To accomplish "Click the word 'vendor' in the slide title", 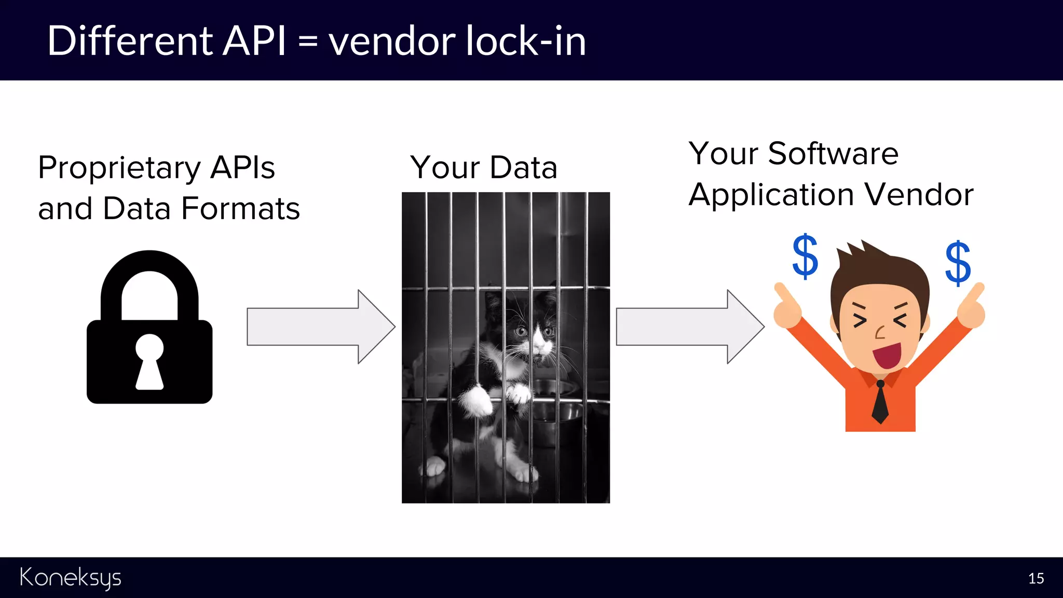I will coord(392,42).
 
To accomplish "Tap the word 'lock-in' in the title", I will coord(525,42).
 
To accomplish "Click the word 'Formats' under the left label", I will coord(241,209).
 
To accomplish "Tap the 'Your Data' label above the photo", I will coord(484,168).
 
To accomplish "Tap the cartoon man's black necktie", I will coord(880,402).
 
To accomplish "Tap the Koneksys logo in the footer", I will coord(71,578).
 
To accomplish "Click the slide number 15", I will coord(1036,578).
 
